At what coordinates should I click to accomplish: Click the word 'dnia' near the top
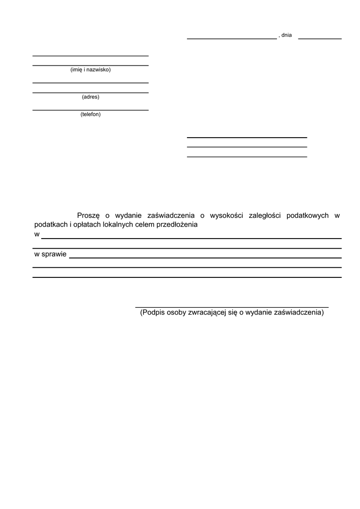click(x=286, y=35)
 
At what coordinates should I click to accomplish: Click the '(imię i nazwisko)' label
click(x=90, y=70)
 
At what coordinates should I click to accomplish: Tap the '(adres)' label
click(x=90, y=97)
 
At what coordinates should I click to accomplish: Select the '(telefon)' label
click(x=90, y=114)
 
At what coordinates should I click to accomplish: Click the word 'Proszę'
click(x=89, y=216)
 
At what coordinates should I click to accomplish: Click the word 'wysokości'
click(x=226, y=216)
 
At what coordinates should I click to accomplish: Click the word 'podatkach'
click(x=50, y=225)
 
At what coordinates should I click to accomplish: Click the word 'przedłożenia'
click(x=177, y=225)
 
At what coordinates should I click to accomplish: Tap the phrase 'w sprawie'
click(x=50, y=254)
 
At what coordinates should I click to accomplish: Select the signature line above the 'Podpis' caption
click(x=232, y=308)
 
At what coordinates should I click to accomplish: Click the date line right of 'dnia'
click(x=320, y=38)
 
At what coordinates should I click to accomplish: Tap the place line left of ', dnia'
click(x=231, y=38)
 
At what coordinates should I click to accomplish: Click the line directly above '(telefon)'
click(x=90, y=110)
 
